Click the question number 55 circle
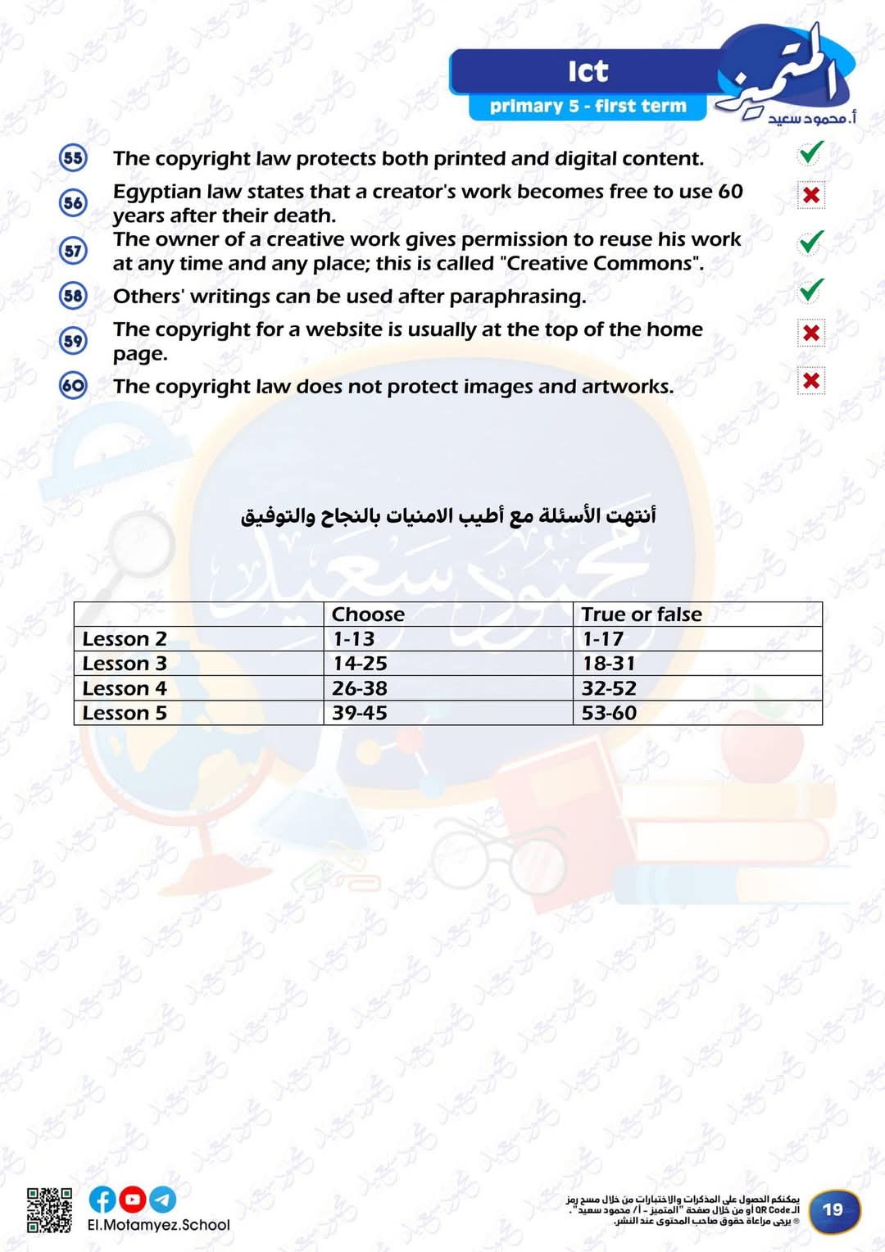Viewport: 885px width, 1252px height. [x=73, y=157]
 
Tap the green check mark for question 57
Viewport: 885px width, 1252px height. [x=810, y=243]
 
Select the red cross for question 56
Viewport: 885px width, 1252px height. [x=810, y=195]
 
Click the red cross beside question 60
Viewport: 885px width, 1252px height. [x=810, y=380]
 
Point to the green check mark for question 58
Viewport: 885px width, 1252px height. [x=810, y=290]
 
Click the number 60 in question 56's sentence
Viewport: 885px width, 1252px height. [x=730, y=191]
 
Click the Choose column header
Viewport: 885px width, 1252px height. [x=368, y=615]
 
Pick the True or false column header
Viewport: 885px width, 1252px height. [x=642, y=615]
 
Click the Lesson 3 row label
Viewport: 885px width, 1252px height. [x=125, y=664]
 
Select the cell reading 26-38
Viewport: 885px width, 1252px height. [x=360, y=688]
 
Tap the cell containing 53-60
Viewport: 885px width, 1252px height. [x=609, y=713]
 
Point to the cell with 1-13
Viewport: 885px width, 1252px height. [x=354, y=639]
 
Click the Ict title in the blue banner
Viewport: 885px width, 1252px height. [x=588, y=71]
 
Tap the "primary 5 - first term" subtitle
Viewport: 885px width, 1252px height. [x=588, y=107]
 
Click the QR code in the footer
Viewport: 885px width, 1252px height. [x=49, y=1209]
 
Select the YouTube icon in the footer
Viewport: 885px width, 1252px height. [x=132, y=1200]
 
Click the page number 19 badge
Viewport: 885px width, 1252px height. [x=833, y=1209]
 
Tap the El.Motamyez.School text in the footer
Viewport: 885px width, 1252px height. [x=159, y=1225]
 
